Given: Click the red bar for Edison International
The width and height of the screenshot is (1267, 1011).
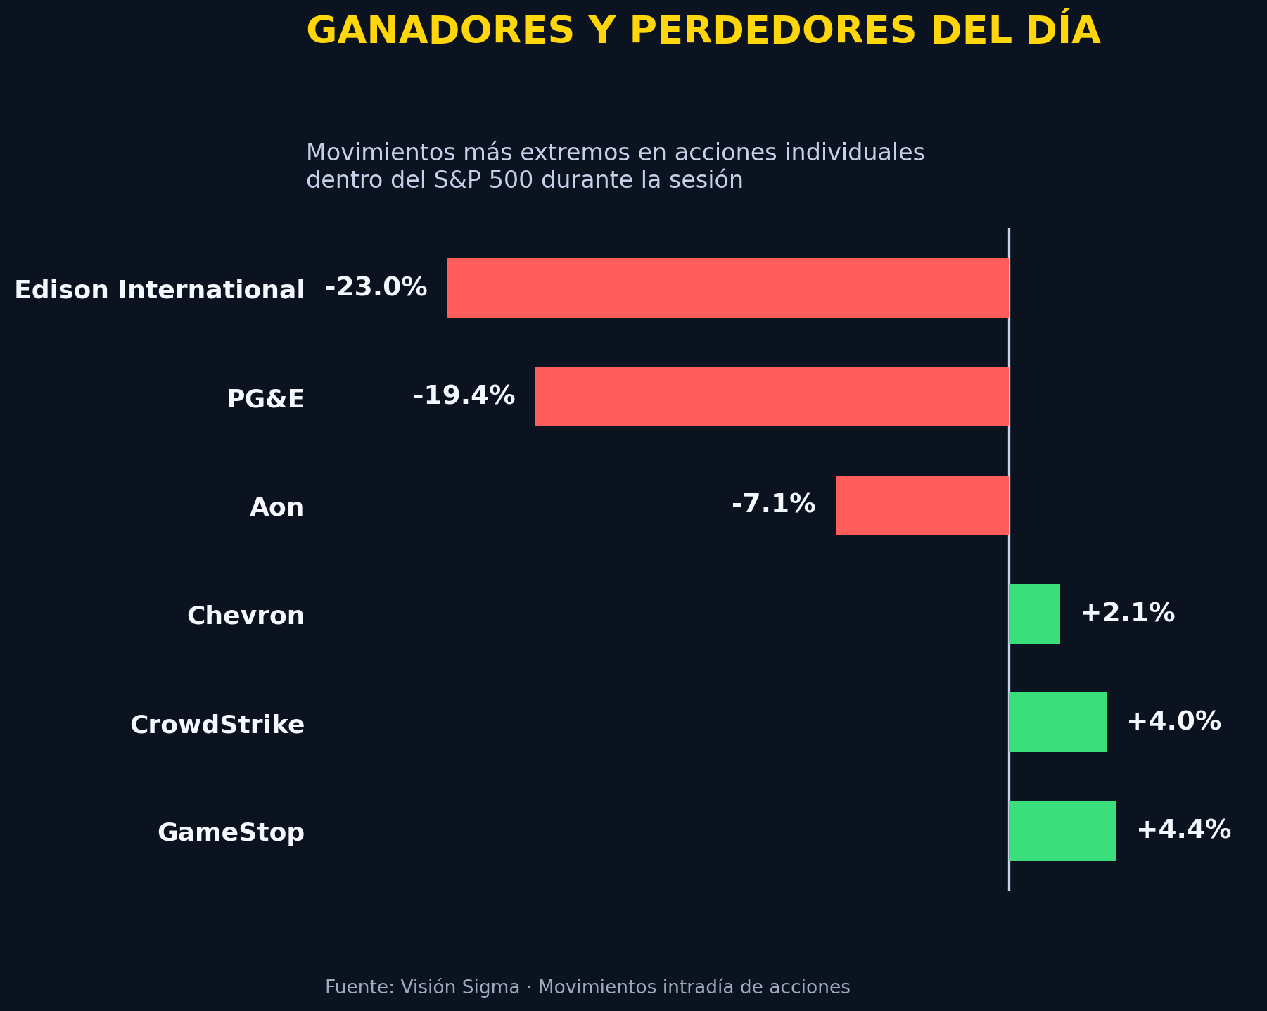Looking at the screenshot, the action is pyautogui.click(x=727, y=288).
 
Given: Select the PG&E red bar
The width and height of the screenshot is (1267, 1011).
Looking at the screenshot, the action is pyautogui.click(x=772, y=396).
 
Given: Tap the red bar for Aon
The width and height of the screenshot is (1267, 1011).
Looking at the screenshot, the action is pyautogui.click(x=922, y=505).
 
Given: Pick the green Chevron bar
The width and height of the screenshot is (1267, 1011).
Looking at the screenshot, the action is pyautogui.click(x=1034, y=613).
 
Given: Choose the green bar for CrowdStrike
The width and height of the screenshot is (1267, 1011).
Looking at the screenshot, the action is pyautogui.click(x=1057, y=722).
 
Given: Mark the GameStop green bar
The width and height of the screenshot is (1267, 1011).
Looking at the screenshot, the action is pyautogui.click(x=1062, y=831).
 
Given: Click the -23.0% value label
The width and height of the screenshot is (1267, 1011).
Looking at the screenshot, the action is pyautogui.click(x=376, y=288).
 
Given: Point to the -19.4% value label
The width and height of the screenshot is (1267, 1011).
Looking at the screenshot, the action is pyautogui.click(x=464, y=396).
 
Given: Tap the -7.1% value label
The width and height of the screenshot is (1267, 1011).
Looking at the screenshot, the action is pyautogui.click(x=773, y=504).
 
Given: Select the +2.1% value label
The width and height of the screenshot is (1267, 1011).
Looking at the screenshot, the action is pyautogui.click(x=1127, y=613).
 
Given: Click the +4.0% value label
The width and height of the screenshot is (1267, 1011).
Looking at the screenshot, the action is pyautogui.click(x=1173, y=722).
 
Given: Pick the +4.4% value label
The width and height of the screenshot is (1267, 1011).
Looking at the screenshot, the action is pyautogui.click(x=1183, y=830).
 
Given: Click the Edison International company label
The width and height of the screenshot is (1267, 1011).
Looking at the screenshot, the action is pyautogui.click(x=160, y=290).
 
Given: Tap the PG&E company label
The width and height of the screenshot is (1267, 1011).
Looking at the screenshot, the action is pyautogui.click(x=265, y=399).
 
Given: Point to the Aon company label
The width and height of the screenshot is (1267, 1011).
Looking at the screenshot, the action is pyautogui.click(x=276, y=507).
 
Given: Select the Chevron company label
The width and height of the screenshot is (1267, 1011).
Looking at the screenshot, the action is pyautogui.click(x=246, y=616).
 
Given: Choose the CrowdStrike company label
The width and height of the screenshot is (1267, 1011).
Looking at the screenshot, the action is pyautogui.click(x=217, y=725).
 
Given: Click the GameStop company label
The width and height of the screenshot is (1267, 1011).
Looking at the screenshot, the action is pyautogui.click(x=231, y=833).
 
